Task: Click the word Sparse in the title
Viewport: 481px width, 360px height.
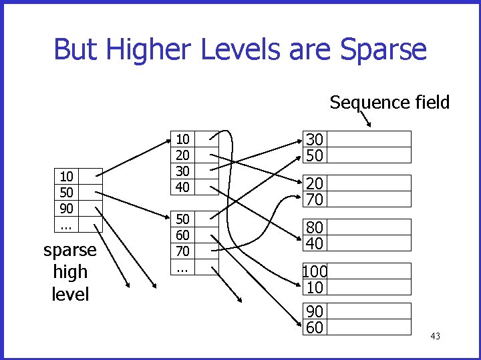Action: [383, 49]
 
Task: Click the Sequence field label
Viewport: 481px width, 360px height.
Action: [389, 102]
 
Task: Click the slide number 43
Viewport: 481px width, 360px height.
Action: [435, 336]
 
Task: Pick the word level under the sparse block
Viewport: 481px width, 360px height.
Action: [70, 293]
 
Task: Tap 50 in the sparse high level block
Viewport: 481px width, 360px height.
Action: [66, 191]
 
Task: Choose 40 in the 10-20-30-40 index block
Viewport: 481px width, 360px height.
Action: [182, 187]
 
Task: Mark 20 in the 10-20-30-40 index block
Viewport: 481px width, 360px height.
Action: [182, 155]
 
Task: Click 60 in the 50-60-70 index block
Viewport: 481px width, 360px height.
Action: [182, 235]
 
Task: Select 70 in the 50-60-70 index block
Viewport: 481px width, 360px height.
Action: [182, 251]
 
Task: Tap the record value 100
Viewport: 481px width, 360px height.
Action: [314, 271]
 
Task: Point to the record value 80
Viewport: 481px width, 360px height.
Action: [315, 227]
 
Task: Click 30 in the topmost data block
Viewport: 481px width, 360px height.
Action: [315, 139]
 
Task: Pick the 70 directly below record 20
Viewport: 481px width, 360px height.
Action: [315, 199]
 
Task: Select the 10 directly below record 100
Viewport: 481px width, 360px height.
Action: [315, 287]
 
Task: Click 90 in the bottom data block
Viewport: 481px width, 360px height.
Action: [315, 311]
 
